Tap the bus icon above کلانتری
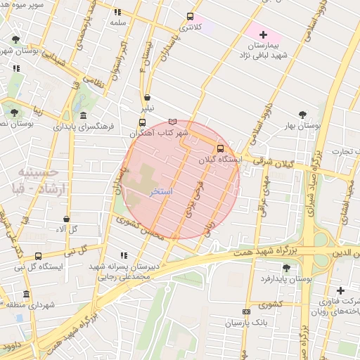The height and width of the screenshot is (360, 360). point(190,16)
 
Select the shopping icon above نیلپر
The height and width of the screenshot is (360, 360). point(147,98)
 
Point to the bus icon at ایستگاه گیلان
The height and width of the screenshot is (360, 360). point(221,148)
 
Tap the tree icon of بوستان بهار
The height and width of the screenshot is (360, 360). point(302,114)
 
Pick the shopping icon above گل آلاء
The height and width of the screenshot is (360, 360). point(66,219)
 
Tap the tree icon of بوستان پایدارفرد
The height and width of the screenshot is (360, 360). point(285,268)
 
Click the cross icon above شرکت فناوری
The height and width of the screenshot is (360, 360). point(340,290)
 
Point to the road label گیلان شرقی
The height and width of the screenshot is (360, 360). point(257,160)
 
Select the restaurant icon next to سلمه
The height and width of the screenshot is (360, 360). point(117,12)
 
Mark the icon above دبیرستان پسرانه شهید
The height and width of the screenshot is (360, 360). point(124,255)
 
